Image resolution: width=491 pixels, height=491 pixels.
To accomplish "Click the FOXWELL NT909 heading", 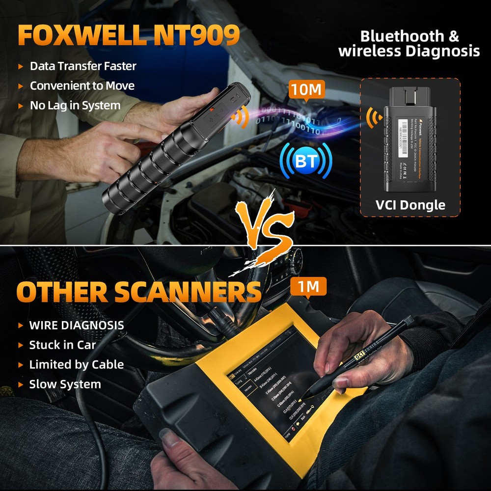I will [129, 36].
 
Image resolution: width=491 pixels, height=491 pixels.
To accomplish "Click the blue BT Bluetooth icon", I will [305, 161].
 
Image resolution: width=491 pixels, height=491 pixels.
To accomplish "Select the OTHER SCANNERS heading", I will [138, 292].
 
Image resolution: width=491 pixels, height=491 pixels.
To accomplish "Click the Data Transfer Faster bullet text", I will [83, 66].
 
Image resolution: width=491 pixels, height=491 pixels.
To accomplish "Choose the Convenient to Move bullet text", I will [82, 85].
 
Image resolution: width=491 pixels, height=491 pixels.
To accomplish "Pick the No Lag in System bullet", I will [75, 105].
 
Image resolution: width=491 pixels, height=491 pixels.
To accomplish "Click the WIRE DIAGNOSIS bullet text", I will [77, 325].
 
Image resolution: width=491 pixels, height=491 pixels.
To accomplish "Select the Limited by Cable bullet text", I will [76, 364].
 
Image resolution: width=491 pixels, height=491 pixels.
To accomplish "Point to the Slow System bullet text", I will [65, 384].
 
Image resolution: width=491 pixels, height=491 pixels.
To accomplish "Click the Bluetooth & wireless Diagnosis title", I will [409, 43].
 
